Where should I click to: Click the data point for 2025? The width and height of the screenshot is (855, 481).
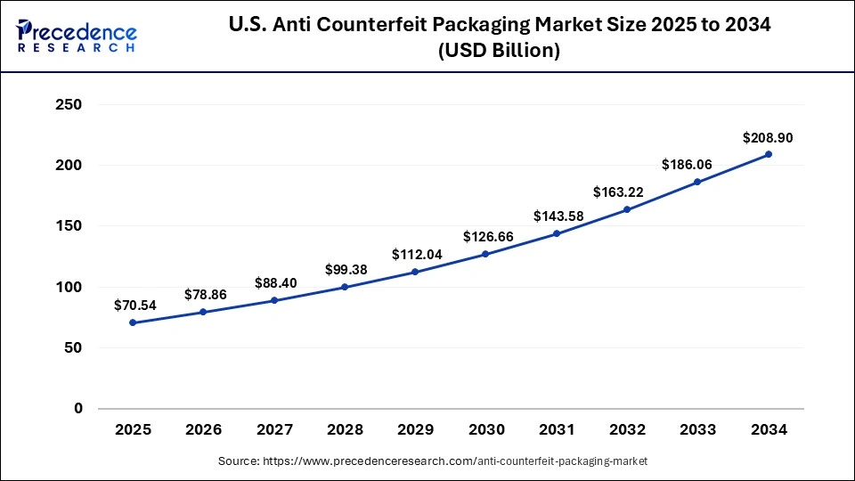[133, 322]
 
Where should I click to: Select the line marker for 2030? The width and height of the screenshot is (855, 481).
[486, 254]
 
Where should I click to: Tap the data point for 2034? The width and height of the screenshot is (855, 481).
[769, 154]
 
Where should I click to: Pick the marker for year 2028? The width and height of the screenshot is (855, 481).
[345, 287]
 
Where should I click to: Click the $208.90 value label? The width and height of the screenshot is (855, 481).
[768, 138]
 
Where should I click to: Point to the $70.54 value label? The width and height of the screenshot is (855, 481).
[135, 306]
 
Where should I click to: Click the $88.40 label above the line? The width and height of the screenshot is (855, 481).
[276, 283]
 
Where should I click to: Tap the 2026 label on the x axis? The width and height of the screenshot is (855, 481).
[204, 430]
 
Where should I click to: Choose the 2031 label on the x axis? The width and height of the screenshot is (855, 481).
[557, 430]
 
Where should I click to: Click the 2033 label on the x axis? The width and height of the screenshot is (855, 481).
[698, 430]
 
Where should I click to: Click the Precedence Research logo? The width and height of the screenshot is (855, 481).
[77, 37]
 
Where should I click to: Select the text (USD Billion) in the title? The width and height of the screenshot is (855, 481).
[498, 52]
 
